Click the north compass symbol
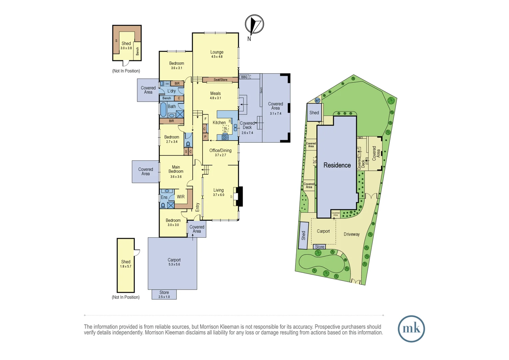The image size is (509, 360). tap(254, 24)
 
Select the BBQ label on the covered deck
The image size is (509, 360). tap(244, 77)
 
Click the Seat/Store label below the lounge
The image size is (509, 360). tap(220, 80)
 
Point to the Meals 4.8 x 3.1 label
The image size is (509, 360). tap(215, 95)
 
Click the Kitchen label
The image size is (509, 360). tap(219, 123)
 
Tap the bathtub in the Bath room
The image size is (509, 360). tap(163, 109)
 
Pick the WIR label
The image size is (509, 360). tap(181, 197)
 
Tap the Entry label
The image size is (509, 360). tap(197, 207)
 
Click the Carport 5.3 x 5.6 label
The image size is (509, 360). tap(174, 262)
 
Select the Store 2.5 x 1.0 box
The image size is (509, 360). tap(164, 294)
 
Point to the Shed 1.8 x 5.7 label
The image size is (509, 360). tap(126, 264)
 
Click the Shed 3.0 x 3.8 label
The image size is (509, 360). tap(126, 45)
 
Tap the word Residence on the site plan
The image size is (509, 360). tap(337, 165)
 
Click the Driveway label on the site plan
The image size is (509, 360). tap(351, 234)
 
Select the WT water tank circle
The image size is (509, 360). tap(317, 100)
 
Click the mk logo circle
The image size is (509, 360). tap(411, 329)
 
